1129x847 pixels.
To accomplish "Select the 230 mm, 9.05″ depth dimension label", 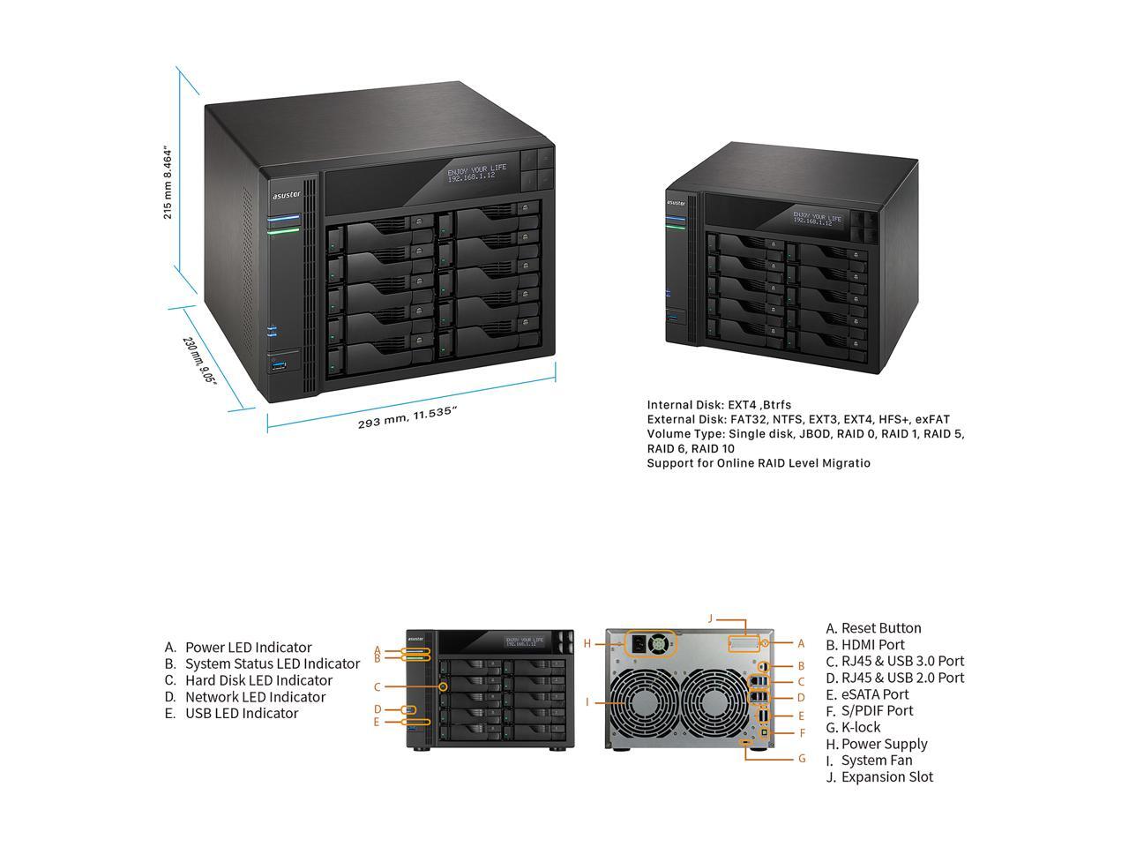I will pyautogui.click(x=199, y=360).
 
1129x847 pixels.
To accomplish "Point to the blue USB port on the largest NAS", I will pyautogui.click(x=280, y=365).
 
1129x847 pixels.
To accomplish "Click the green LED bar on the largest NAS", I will pyautogui.click(x=284, y=230).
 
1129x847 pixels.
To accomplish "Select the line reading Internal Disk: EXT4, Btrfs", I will pyautogui.click(x=719, y=405).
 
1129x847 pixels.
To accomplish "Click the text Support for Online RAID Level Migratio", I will pyautogui.click(x=759, y=463).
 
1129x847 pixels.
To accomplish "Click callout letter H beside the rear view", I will pyautogui.click(x=587, y=643).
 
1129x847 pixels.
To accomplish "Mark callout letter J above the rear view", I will pyautogui.click(x=709, y=618).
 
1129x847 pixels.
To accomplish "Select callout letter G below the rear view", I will pyautogui.click(x=802, y=758).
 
